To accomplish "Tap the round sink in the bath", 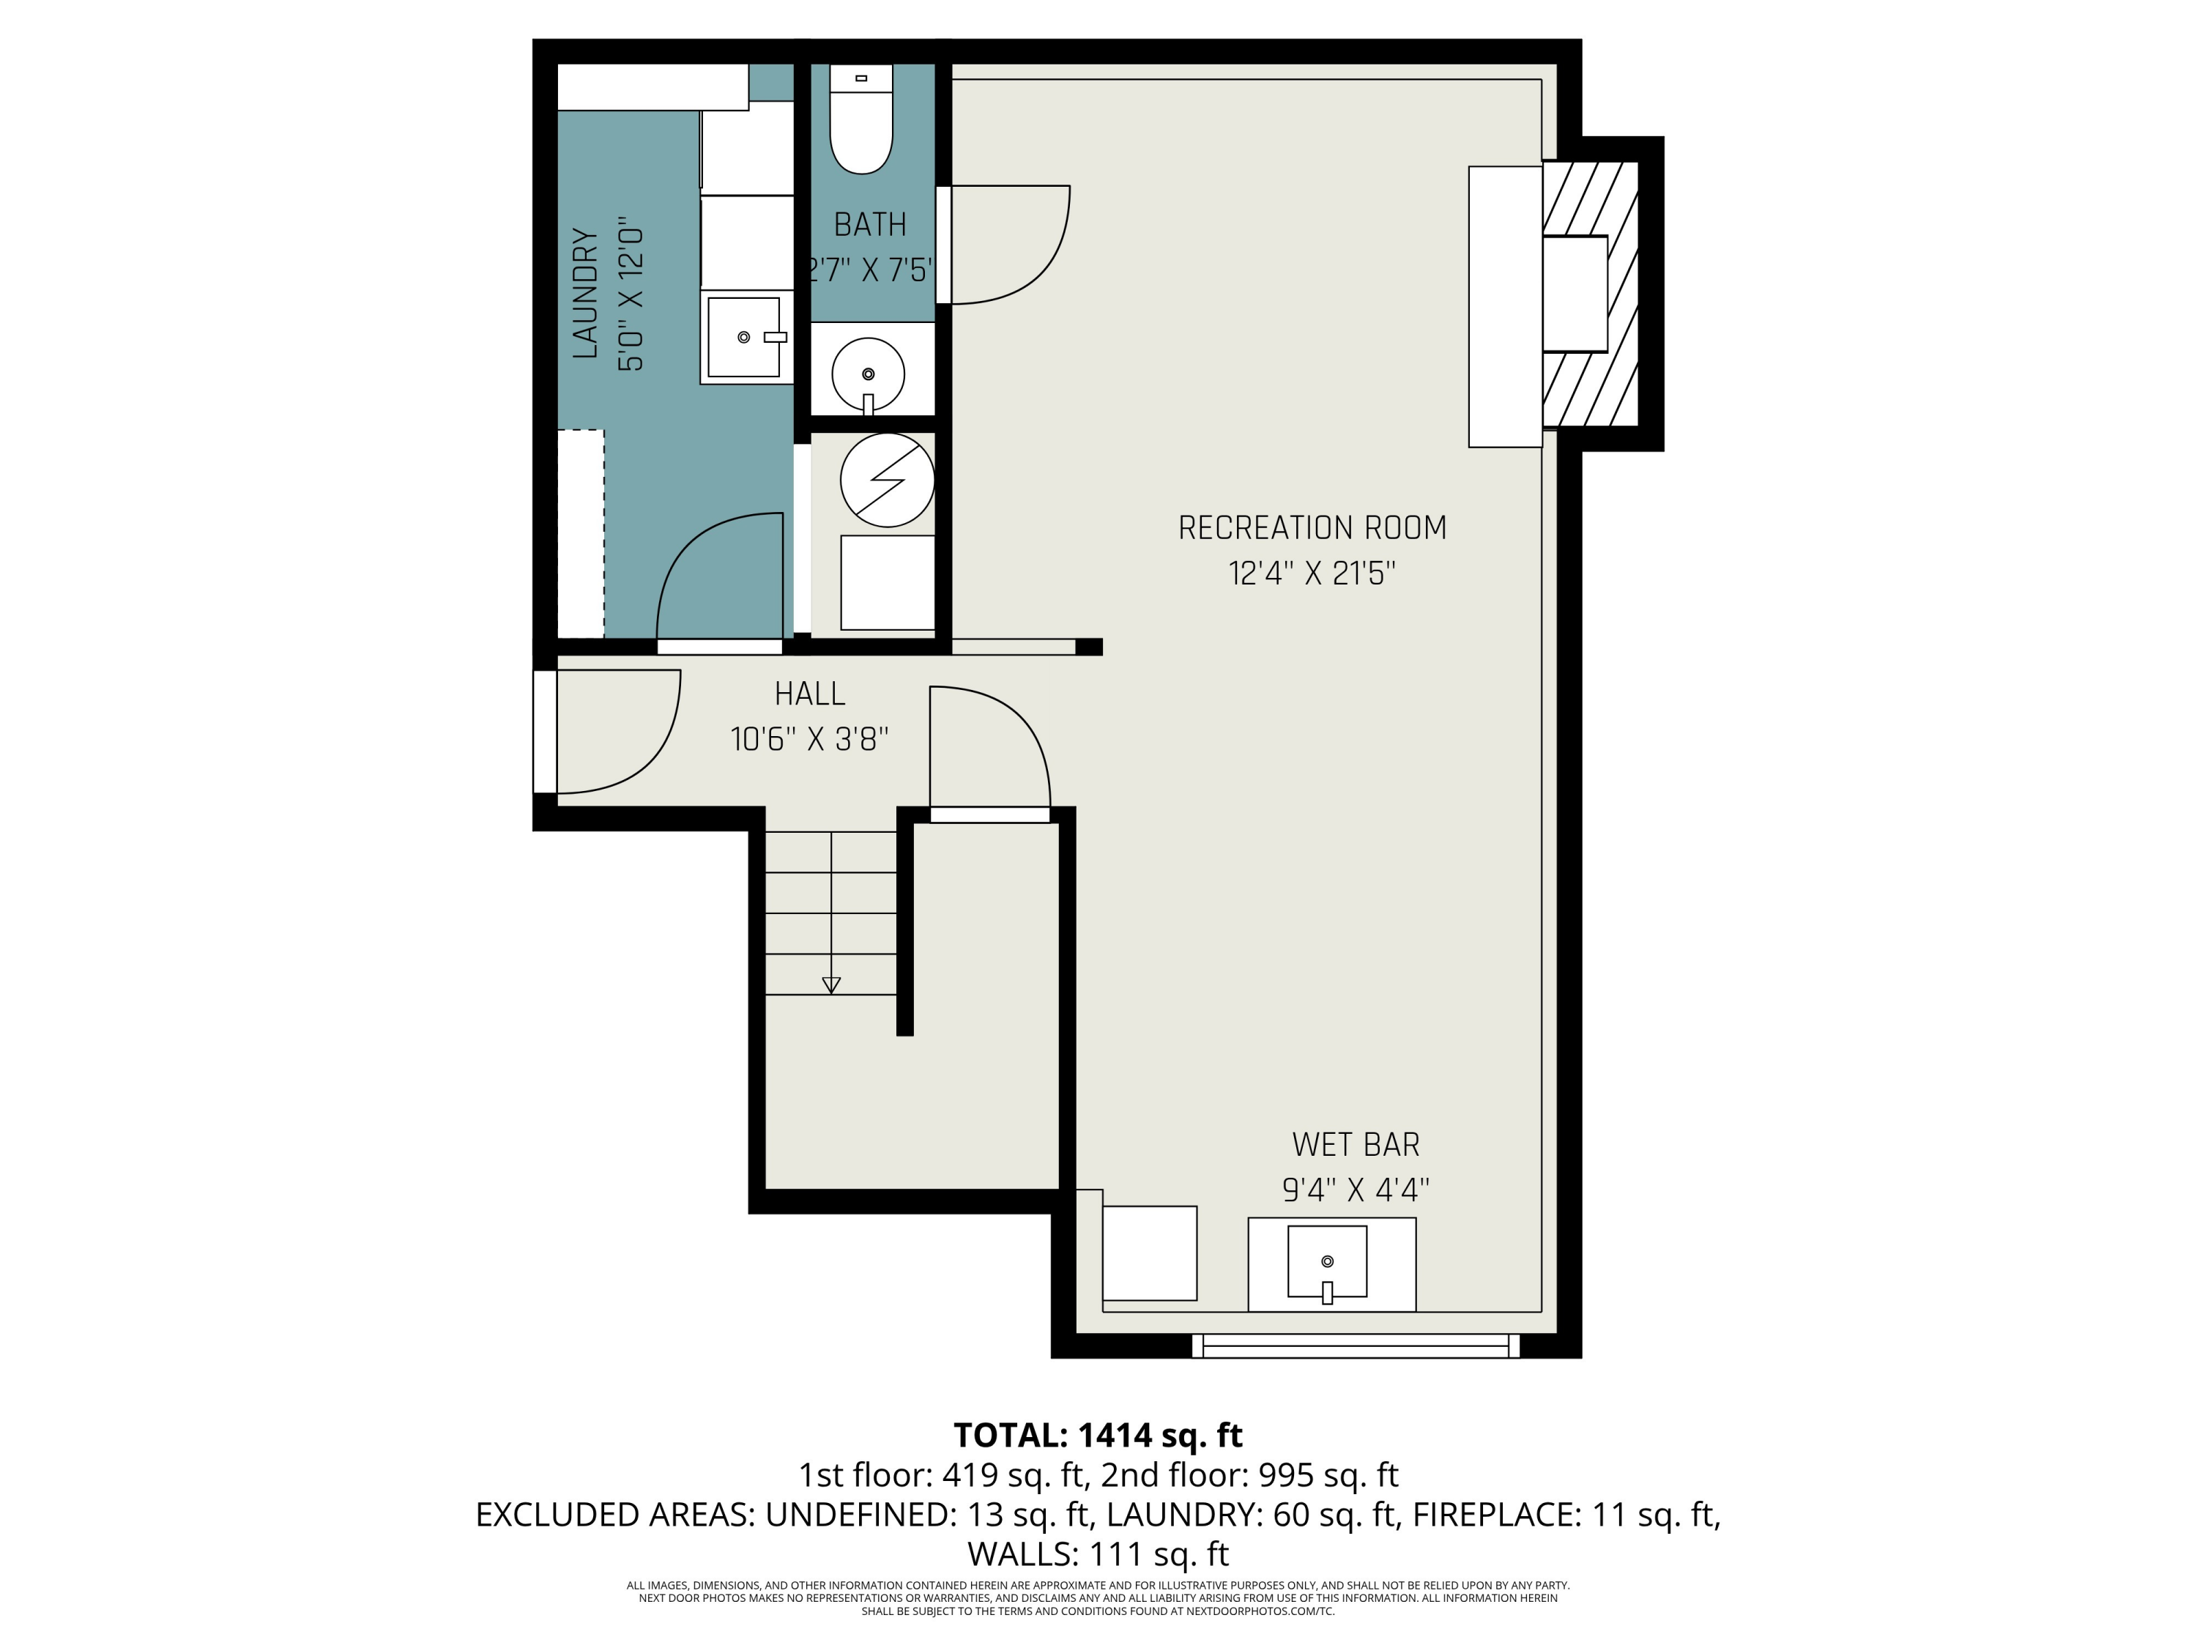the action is tap(868, 374).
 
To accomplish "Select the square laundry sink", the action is tap(744, 337).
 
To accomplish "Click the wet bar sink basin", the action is tap(1327, 1261).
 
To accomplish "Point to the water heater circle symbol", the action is tap(887, 480).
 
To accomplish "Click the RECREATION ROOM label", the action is tap(1312, 527).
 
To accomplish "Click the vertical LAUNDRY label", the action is tap(586, 293).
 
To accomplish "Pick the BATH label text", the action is tap(870, 225).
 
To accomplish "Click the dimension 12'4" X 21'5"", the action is tap(1312, 574).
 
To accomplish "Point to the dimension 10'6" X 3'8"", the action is tap(809, 739).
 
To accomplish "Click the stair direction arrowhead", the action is tap(831, 985).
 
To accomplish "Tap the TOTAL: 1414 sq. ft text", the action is tap(1098, 1436).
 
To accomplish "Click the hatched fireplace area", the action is tap(1590, 294).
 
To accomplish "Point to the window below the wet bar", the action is tap(1355, 1346).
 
